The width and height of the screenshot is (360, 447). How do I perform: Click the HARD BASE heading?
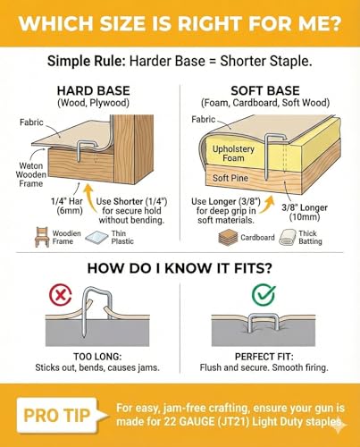pos(94,91)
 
